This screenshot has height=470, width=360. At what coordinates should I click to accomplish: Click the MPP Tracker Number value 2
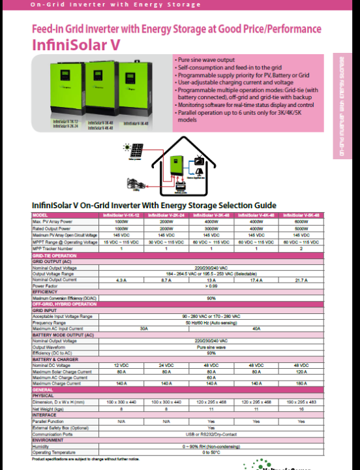click(x=301, y=249)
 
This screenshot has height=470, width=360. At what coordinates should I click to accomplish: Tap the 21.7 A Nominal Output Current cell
click(x=301, y=279)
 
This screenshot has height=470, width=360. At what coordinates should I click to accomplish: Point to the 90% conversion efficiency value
click(x=211, y=298)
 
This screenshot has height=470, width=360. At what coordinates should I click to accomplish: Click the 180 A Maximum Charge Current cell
click(x=301, y=383)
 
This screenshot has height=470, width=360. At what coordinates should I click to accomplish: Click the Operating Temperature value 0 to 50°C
click(x=211, y=452)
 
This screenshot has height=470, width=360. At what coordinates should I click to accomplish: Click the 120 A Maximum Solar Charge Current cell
click(x=301, y=370)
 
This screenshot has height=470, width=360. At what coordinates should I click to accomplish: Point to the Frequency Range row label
click(x=50, y=322)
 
